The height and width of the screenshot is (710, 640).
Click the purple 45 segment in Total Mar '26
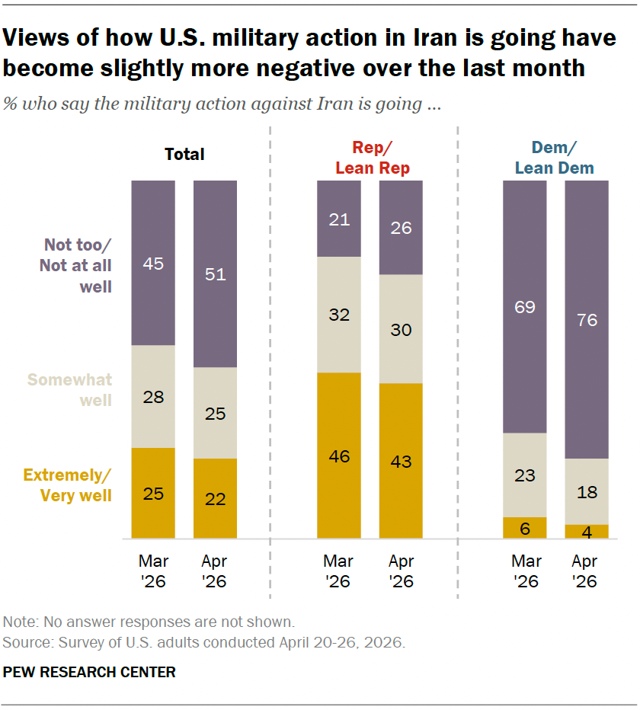tap(153, 263)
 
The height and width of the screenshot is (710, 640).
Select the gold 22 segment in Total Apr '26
tap(215, 498)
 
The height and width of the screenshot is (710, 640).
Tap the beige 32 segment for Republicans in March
tap(339, 315)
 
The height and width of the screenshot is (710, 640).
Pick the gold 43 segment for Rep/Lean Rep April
tap(401, 461)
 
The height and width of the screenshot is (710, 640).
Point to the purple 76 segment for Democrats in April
tap(587, 320)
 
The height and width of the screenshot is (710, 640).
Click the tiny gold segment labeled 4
tap(587, 532)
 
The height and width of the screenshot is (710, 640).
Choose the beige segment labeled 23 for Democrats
tap(524, 475)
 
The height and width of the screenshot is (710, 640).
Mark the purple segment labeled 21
tap(339, 219)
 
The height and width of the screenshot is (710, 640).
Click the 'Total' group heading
tap(184, 155)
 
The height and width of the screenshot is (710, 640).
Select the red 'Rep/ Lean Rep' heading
tap(373, 158)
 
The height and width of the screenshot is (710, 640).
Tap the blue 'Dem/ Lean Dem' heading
tap(555, 158)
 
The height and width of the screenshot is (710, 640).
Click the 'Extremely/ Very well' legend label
tap(68, 485)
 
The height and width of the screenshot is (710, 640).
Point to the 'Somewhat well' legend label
tap(70, 390)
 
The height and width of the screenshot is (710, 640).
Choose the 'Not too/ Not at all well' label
tap(75, 266)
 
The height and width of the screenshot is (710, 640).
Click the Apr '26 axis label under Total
tap(214, 571)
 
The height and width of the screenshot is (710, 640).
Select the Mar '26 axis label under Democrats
tap(526, 571)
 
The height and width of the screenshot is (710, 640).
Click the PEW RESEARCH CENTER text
tap(89, 672)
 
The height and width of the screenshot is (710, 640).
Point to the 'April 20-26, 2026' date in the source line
tap(342, 642)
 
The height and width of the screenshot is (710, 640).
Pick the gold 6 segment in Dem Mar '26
tap(524, 528)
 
